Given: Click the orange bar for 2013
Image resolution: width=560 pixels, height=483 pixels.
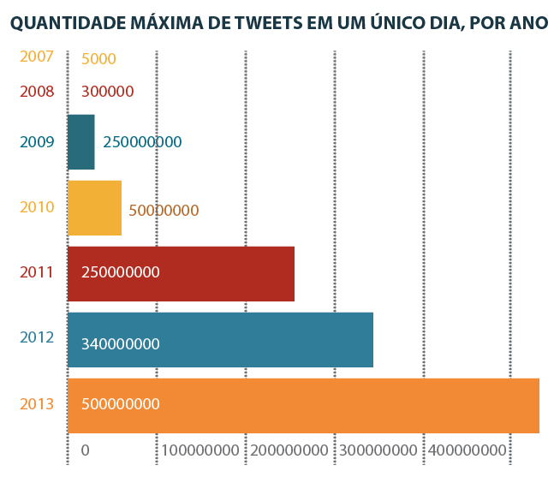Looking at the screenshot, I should (303, 405).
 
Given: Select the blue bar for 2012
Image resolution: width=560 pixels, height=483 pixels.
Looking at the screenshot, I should (220, 339).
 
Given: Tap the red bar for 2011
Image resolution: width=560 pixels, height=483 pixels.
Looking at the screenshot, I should (181, 273).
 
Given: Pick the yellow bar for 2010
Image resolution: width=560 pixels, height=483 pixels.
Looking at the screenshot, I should (94, 207).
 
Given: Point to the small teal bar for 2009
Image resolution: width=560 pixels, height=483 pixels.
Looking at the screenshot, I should (80, 142).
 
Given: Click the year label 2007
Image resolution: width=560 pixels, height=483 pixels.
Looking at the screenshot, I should (37, 57).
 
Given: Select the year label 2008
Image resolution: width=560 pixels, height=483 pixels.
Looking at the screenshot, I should (37, 91).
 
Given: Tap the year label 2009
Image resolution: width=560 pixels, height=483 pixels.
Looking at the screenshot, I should (37, 142).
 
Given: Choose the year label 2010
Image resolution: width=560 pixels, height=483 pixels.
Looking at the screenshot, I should (37, 207).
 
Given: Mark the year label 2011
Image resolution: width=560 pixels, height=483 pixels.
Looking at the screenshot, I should (37, 273).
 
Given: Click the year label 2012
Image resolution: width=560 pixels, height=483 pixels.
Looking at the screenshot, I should (37, 337).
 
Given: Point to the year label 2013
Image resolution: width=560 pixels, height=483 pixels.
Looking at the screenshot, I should (37, 403).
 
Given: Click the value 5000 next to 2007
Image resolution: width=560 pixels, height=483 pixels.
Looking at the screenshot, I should (98, 59).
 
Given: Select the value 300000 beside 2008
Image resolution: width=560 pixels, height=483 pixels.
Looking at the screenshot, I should (107, 92).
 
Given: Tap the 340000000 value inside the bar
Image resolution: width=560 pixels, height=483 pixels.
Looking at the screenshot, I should (121, 344).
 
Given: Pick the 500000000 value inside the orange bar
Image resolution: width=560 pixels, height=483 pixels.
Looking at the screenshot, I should (121, 404).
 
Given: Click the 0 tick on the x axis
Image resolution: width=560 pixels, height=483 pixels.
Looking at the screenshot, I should (85, 450).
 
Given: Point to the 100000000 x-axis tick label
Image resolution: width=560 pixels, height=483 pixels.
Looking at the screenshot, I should (200, 450).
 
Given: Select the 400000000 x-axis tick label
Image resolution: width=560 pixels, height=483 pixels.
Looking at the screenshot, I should (468, 450).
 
